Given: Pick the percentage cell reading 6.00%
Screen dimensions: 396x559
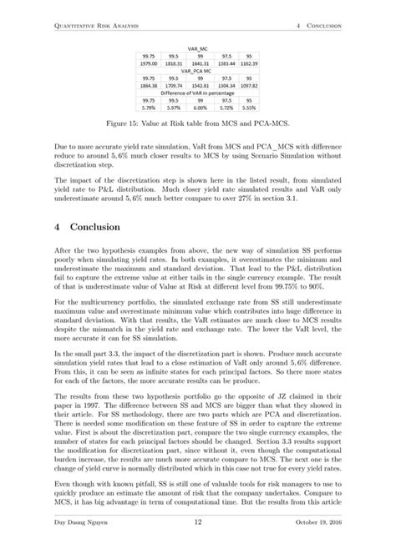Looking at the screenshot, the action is [x=200, y=108].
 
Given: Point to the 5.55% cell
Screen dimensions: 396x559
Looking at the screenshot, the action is [x=248, y=108].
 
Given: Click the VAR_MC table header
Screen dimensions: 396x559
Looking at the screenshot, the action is [x=200, y=48].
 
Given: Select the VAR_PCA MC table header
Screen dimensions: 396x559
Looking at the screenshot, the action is [x=200, y=71].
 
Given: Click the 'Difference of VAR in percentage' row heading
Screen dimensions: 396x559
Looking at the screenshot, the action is [x=200, y=93].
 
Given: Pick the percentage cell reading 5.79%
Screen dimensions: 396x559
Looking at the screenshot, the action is [x=150, y=108].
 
